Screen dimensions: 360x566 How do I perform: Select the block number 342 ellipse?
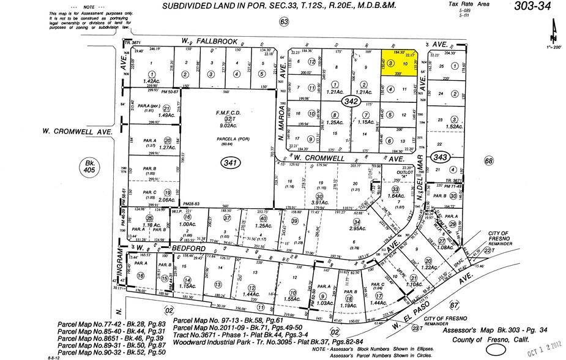pos(350,104)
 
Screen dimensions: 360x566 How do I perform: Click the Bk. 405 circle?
pos(89,167)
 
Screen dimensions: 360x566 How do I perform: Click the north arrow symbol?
pos(554,27)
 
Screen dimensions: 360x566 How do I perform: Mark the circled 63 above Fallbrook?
pos(284,22)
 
